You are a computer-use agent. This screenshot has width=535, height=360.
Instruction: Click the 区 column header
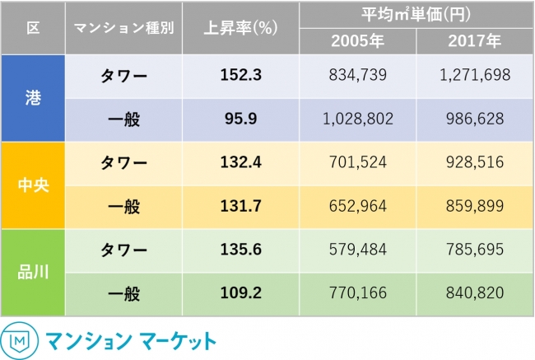(33, 28)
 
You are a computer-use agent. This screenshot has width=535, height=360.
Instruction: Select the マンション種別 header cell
(123, 28)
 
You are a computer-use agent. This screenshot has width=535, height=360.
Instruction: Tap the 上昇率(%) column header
(240, 28)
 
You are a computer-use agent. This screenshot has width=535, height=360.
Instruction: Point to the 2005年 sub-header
(357, 41)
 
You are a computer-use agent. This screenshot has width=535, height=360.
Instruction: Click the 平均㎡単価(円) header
(416, 14)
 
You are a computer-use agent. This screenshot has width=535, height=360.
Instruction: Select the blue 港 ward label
(33, 98)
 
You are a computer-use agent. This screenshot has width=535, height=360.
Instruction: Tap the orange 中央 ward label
(33, 185)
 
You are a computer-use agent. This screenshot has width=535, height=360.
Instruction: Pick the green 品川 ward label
(33, 271)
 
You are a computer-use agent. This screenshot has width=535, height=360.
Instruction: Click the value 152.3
(240, 76)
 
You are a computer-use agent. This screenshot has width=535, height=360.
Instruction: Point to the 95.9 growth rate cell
(240, 119)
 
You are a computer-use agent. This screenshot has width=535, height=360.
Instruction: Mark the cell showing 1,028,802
(357, 119)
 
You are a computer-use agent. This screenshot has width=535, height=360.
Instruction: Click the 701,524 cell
(357, 163)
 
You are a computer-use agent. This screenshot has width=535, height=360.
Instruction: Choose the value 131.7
(240, 207)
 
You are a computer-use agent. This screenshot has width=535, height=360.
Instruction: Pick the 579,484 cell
(357, 250)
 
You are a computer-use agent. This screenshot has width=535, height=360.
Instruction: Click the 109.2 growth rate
(240, 293)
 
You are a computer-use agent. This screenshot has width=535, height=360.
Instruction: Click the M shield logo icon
(18, 340)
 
